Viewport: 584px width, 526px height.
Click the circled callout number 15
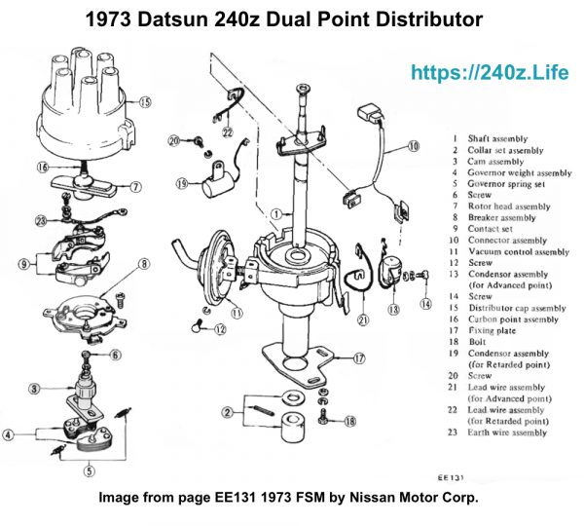(145, 100)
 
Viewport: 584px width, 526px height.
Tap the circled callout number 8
(144, 263)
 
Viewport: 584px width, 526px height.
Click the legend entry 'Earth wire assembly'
(507, 432)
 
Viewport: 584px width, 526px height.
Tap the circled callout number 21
(362, 319)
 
